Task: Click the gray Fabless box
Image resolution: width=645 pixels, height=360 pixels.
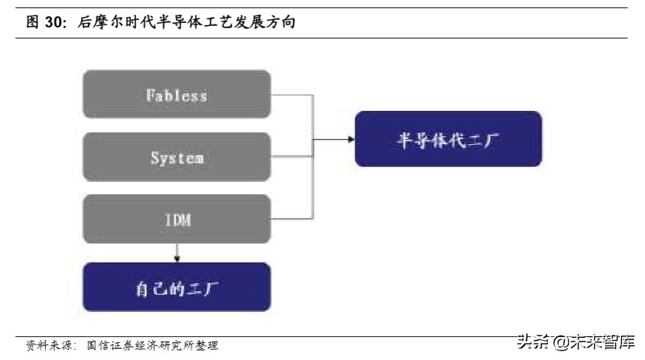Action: [x=176, y=94]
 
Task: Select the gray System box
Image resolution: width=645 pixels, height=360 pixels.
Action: [x=176, y=157]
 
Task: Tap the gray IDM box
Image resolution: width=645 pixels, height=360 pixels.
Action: [x=176, y=219]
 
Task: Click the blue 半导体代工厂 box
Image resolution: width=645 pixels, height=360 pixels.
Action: [x=448, y=138]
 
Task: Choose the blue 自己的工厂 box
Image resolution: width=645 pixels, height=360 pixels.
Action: [x=176, y=286]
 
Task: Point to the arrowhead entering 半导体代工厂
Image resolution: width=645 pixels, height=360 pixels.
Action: [x=349, y=139]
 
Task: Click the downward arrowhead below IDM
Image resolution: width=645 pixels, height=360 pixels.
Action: [x=176, y=258]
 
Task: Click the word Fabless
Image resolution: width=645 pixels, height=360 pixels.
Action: [x=176, y=95]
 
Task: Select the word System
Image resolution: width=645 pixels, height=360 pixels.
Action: [x=177, y=158]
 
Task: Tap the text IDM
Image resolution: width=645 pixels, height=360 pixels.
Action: [x=176, y=220]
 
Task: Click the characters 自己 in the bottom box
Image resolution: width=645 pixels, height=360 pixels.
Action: [x=146, y=287]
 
